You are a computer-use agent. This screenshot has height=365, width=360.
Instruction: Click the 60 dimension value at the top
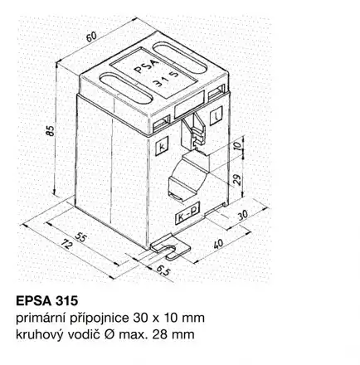pyautogui.click(x=91, y=36)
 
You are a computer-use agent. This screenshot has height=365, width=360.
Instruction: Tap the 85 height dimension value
pyautogui.click(x=51, y=130)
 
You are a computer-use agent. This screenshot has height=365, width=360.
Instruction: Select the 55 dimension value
pyautogui.click(x=80, y=237)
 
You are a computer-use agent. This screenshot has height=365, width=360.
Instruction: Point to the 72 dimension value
pyautogui.click(x=66, y=246)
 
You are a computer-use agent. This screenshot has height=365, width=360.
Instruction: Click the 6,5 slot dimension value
pyautogui.click(x=163, y=270)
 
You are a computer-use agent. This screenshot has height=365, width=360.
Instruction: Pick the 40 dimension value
pyautogui.click(x=218, y=244)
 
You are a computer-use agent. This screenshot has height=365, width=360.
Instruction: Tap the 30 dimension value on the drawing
pyautogui.click(x=243, y=215)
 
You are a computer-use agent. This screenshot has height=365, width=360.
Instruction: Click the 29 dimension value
pyautogui.click(x=237, y=179)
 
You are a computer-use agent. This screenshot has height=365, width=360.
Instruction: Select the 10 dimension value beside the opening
pyautogui.click(x=237, y=146)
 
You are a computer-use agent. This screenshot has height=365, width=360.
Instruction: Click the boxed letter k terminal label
pyautogui.click(x=162, y=147)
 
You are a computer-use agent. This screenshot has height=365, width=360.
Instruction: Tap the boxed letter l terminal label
pyautogui.click(x=216, y=116)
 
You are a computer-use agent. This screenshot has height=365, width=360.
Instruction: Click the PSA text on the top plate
pyautogui.click(x=147, y=67)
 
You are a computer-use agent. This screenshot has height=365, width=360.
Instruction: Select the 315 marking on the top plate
pyautogui.click(x=166, y=80)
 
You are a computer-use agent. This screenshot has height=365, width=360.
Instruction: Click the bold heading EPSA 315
pyautogui.click(x=47, y=301)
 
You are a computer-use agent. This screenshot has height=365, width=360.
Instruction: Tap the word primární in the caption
pyautogui.click(x=40, y=319)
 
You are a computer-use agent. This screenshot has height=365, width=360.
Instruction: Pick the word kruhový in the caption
pyautogui.click(x=38, y=335)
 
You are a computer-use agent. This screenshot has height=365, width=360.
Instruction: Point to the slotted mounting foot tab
pyautogui.click(x=170, y=248)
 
